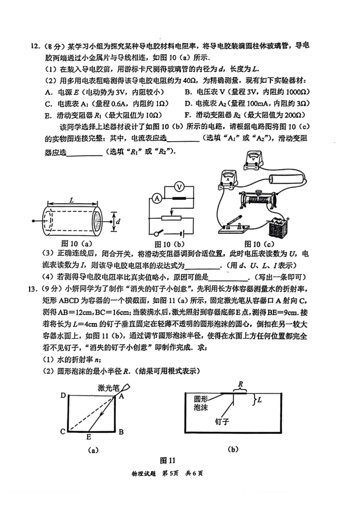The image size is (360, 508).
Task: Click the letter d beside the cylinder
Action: coord(118,222)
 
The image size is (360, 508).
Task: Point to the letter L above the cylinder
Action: coord(72,198)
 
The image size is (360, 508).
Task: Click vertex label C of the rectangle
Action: coord(62,432)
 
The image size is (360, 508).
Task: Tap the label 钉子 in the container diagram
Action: coord(223,422)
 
